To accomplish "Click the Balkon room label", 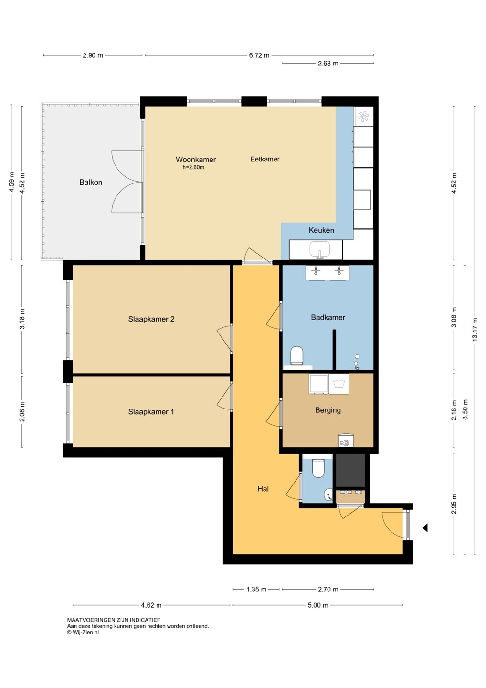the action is pyautogui.click(x=91, y=182).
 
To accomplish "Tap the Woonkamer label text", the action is pyautogui.click(x=196, y=160).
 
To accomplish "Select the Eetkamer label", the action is pyautogui.click(x=265, y=159).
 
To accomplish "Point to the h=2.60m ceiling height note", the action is pyautogui.click(x=193, y=167).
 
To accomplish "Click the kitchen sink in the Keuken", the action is pyautogui.click(x=320, y=249).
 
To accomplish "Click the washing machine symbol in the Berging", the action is pyautogui.click(x=339, y=384).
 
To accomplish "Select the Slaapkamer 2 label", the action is pyautogui.click(x=151, y=319).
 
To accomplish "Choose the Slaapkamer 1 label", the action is pyautogui.click(x=151, y=412).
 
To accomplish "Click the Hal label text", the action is pyautogui.click(x=263, y=489).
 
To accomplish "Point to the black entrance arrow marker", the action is pyautogui.click(x=425, y=527).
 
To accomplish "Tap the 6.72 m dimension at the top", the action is pyautogui.click(x=259, y=55).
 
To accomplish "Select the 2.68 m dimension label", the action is pyautogui.click(x=328, y=64).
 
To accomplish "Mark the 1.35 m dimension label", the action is pyautogui.click(x=256, y=590).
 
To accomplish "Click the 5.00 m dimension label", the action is pyautogui.click(x=318, y=605).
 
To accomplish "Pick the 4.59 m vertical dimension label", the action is pyautogui.click(x=11, y=182).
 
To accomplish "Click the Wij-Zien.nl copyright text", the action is pyautogui.click(x=83, y=632).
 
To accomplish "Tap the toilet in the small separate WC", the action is pyautogui.click(x=317, y=468).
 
